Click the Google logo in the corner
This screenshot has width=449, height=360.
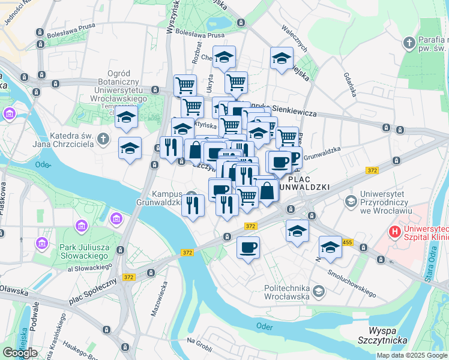click(20, 353)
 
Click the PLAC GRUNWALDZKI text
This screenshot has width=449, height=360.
click(309, 183)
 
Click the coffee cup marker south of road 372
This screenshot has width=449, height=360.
click(248, 247)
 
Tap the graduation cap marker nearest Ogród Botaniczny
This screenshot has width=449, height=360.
click(127, 118)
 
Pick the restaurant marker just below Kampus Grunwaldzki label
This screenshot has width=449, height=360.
click(193, 206)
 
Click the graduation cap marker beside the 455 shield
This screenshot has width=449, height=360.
click(330, 247)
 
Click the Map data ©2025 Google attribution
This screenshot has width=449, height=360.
click(412, 355)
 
